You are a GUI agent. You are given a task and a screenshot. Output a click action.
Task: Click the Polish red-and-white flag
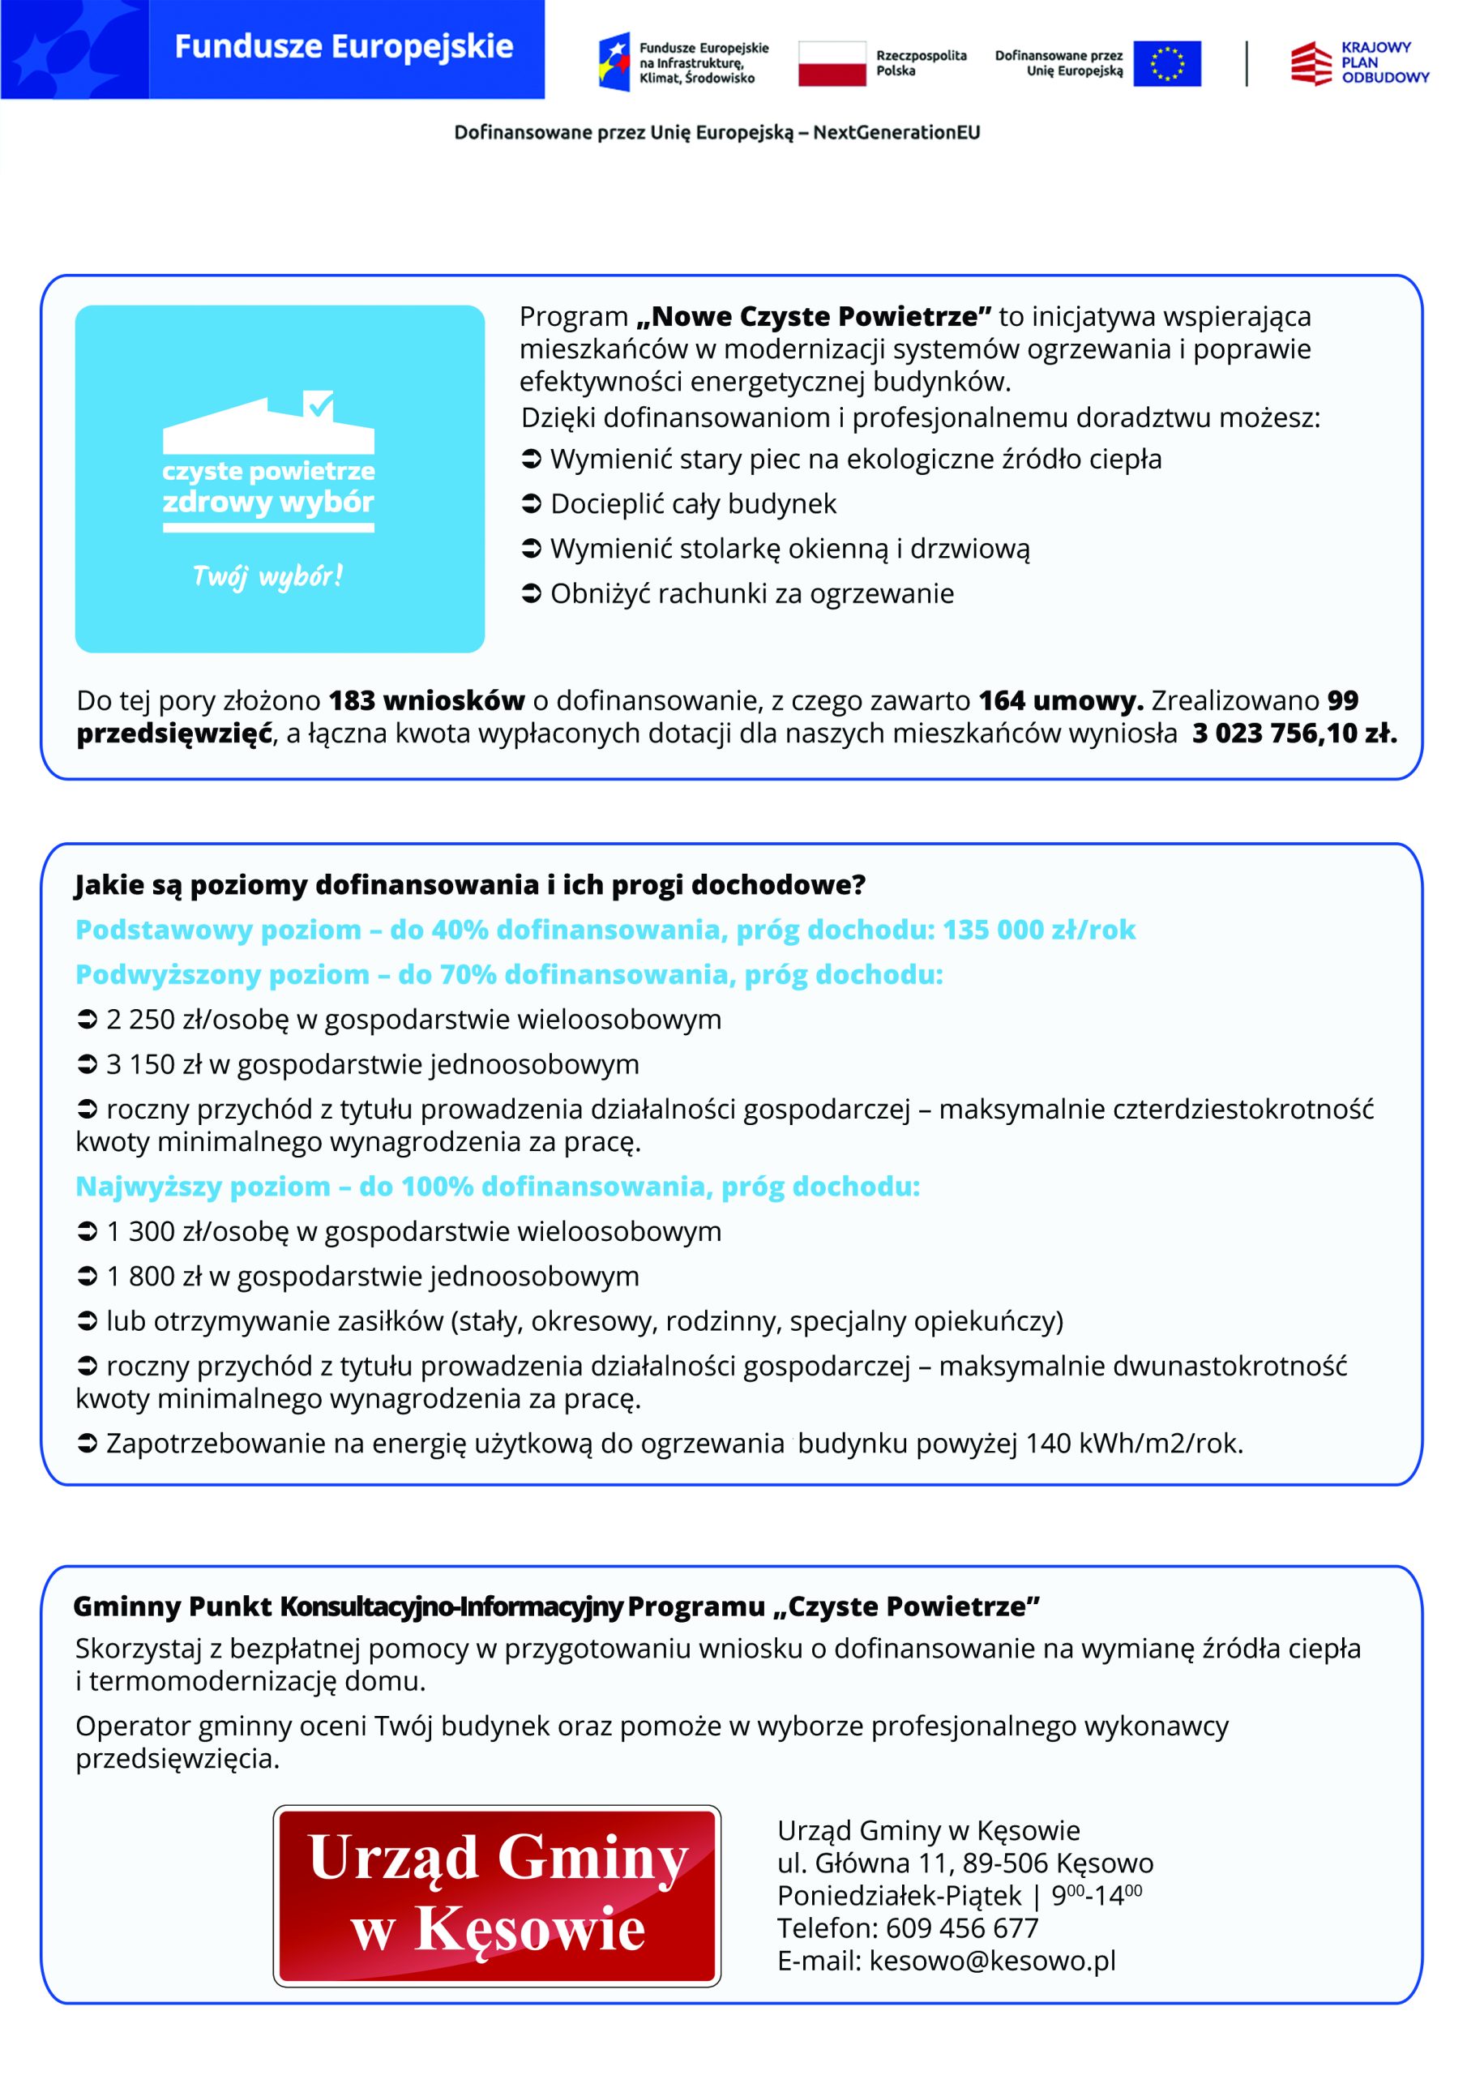[x=832, y=63]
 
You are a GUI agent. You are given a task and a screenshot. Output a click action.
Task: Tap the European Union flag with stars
[x=1166, y=63]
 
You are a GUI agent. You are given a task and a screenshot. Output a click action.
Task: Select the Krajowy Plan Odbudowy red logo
[x=1311, y=63]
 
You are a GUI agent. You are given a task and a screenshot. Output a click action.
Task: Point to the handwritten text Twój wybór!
[x=267, y=575]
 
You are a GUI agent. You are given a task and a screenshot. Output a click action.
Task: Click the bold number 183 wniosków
[x=426, y=700]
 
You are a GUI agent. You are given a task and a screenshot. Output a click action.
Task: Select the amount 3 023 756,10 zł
[x=1294, y=733]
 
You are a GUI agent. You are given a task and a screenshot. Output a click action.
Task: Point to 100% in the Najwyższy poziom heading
[x=437, y=1186]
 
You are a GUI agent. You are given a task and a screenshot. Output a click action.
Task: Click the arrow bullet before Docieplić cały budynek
[x=532, y=503]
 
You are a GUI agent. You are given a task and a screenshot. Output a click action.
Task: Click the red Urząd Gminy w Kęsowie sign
[x=497, y=1897]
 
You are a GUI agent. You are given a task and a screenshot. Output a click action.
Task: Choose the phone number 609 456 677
[x=962, y=1927]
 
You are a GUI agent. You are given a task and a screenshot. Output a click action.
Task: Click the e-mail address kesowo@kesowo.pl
[x=993, y=1960]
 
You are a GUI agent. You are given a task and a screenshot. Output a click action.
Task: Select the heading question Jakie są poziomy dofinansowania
[x=470, y=885]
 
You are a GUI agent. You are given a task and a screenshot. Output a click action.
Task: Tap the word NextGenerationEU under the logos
[x=896, y=133]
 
